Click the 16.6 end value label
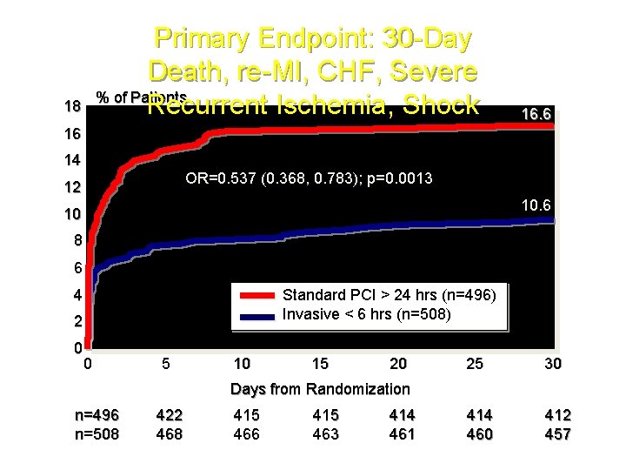[x=535, y=115]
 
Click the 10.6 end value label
[x=535, y=205]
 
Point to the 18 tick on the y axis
[x=72, y=106]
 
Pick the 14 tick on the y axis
[x=72, y=160]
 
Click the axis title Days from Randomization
[x=319, y=389]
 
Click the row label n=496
[x=97, y=415]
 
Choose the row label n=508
[x=97, y=433]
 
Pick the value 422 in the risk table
[x=169, y=415]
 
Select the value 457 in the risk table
[x=556, y=433]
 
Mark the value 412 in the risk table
[x=556, y=415]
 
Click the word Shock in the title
[x=439, y=105]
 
